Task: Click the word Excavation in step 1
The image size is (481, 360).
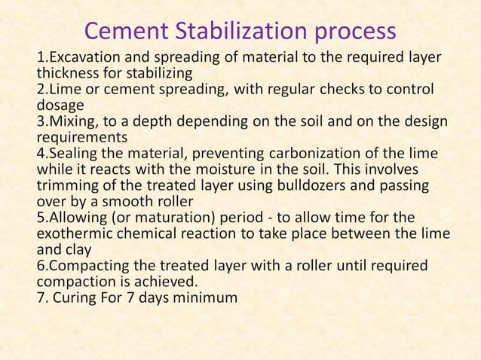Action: pyautogui.click(x=80, y=58)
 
